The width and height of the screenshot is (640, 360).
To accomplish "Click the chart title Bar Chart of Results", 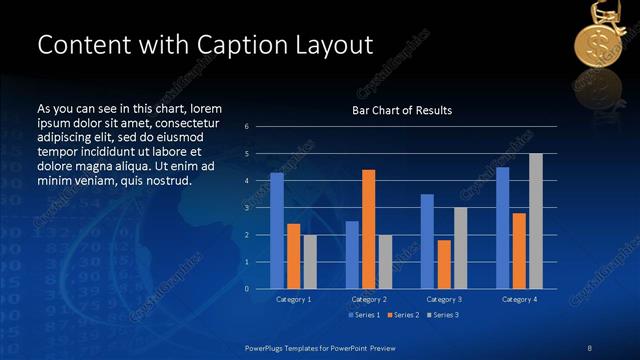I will coord(403,110).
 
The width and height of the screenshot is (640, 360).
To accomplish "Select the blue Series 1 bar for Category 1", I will coord(277,231).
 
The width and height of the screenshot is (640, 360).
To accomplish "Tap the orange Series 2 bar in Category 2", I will coord(369,229).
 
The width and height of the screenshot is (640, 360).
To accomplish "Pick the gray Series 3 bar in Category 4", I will coord(536,221).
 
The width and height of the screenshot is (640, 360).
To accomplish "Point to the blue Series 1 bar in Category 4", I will coord(503,228).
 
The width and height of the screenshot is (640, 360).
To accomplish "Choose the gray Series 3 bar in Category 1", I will coord(310,262).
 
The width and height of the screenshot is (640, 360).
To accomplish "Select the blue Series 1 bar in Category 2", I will coord(352,255).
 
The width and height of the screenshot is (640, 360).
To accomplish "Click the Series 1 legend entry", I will coord(364,315).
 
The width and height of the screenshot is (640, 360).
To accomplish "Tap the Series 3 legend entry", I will coord(443,315).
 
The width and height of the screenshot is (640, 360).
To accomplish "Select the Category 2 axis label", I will coord(369,299).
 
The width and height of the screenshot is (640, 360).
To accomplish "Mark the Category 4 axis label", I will coord(519,299).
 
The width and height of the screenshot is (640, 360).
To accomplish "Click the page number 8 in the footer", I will coord(589,347).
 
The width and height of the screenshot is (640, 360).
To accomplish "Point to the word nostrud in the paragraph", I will coord(163,181).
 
